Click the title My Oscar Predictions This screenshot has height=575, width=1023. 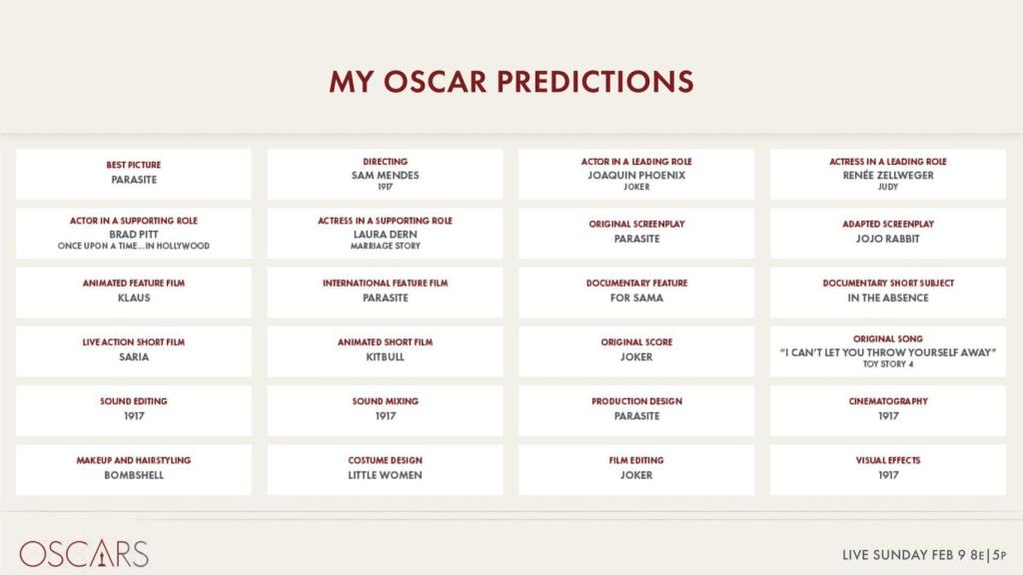click(511, 81)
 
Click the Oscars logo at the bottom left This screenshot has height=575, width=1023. click(84, 554)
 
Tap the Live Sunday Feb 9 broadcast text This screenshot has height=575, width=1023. click(924, 554)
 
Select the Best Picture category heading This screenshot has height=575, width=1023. click(134, 165)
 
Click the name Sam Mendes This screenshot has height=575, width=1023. click(385, 175)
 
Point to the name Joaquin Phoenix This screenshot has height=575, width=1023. click(636, 175)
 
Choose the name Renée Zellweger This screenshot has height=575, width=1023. click(888, 175)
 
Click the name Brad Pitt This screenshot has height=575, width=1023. click(134, 234)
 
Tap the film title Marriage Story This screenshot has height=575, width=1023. click(385, 246)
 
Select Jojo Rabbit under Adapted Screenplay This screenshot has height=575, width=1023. click(888, 239)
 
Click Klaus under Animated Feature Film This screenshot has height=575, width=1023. click(134, 297)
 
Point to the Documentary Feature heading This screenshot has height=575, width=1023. click(636, 284)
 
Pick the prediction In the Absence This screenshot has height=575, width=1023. click(888, 297)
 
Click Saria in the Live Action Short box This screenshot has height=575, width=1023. click(134, 356)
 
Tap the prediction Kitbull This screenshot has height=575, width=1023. click(385, 356)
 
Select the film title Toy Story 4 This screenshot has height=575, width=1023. click(888, 364)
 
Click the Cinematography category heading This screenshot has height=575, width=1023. click(888, 401)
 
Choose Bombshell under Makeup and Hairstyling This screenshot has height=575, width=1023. click(134, 475)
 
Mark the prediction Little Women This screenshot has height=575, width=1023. click(385, 475)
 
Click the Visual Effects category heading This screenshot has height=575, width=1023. click(888, 460)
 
